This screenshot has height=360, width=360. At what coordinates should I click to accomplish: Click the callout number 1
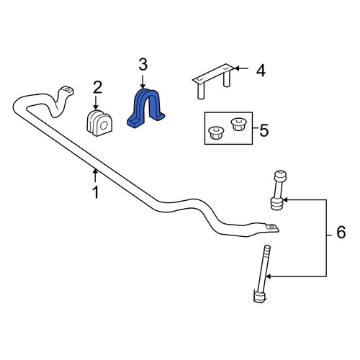(x=96, y=192)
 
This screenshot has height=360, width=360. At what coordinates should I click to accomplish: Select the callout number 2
(x=97, y=87)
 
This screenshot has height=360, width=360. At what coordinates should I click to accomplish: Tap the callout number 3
(x=143, y=65)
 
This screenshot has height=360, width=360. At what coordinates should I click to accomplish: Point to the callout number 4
(x=261, y=71)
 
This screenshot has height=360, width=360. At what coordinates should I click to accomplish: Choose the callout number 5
(x=264, y=131)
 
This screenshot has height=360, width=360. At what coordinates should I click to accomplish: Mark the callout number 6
(x=341, y=233)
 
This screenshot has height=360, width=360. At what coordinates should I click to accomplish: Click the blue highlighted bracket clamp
(x=145, y=108)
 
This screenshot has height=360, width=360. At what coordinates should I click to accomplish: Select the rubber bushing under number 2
(x=99, y=123)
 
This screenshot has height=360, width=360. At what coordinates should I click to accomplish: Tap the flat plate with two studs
(x=213, y=81)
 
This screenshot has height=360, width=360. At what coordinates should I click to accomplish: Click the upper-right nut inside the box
(x=238, y=124)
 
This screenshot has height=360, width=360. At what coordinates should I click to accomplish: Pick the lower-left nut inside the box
(x=217, y=132)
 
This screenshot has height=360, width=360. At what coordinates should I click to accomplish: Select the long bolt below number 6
(x=262, y=274)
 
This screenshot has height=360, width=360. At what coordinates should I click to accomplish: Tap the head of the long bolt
(x=259, y=297)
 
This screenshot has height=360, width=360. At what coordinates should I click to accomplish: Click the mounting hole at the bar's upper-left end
(x=68, y=90)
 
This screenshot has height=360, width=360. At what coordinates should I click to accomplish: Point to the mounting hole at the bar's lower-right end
(x=271, y=227)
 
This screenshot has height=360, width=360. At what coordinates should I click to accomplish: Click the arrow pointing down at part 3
(x=143, y=82)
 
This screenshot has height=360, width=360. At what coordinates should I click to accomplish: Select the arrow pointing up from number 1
(x=96, y=175)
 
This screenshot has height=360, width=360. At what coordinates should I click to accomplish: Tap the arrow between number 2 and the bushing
(x=96, y=103)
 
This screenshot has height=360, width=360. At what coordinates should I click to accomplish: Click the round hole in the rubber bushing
(x=104, y=125)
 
